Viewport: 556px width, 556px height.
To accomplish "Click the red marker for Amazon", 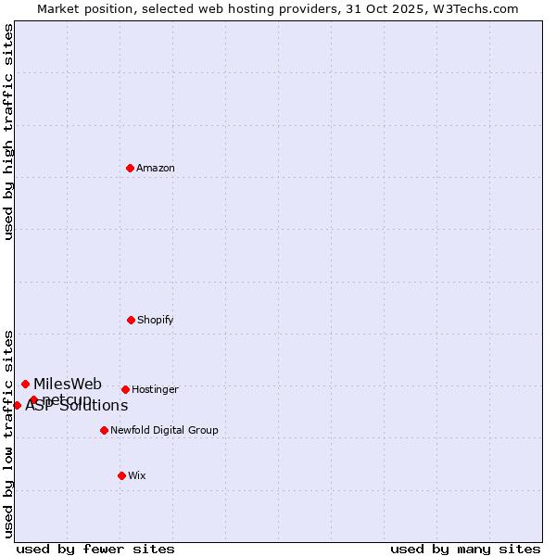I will (131, 168).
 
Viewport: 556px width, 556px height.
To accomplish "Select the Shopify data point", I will (131, 320).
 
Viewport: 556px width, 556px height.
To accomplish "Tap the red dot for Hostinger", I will (125, 389).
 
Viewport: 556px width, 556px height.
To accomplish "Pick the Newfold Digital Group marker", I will (104, 430).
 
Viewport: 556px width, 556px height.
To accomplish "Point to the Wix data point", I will (121, 475).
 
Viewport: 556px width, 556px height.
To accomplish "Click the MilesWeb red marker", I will (25, 384).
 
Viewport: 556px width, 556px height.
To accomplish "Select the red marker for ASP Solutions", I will (17, 405).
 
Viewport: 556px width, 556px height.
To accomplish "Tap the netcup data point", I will (33, 399).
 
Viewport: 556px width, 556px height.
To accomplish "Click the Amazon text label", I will (156, 168).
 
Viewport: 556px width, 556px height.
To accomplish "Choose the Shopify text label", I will (156, 320).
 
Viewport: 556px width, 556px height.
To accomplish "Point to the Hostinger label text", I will (155, 389).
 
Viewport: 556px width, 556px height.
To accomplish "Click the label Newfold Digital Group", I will (164, 430).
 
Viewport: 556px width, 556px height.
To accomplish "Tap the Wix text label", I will (137, 475).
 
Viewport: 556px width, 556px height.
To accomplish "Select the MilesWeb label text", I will (68, 384).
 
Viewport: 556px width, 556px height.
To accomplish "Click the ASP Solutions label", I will (77, 406).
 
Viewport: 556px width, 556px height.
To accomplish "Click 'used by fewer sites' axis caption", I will (95, 549).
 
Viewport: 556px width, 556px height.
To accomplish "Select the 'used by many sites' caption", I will (465, 549).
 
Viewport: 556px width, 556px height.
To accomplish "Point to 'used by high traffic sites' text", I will (8, 132).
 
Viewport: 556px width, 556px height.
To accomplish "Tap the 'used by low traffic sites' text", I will (8, 433).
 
